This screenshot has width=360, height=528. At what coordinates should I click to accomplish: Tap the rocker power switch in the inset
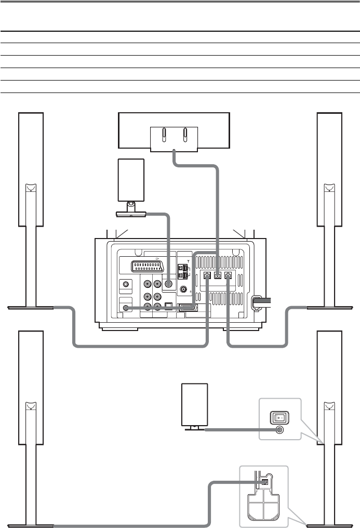(x=279, y=417)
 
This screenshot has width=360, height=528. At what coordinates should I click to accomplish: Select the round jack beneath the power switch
(x=280, y=430)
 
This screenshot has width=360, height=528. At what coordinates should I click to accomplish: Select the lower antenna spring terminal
(x=183, y=274)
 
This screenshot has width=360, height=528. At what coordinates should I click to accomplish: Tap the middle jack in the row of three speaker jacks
(x=218, y=276)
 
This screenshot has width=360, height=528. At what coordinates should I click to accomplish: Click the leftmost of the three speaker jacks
(x=207, y=276)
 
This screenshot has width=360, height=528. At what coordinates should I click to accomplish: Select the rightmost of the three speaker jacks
(x=228, y=276)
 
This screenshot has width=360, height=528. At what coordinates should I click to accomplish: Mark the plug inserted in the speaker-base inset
(x=264, y=481)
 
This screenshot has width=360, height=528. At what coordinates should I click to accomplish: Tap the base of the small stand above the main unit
(x=130, y=213)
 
